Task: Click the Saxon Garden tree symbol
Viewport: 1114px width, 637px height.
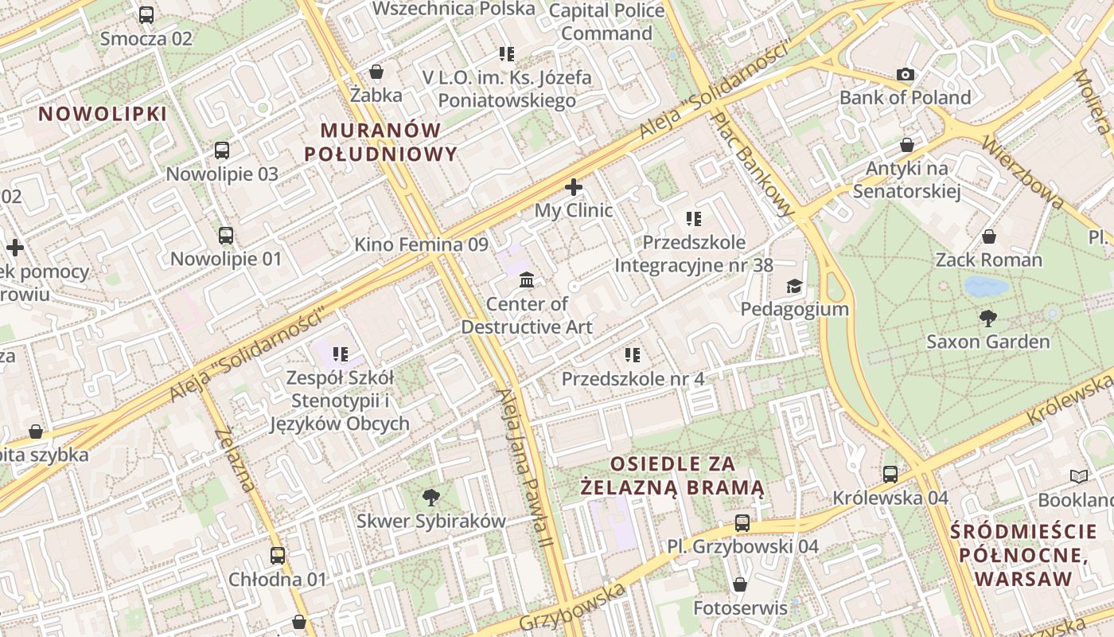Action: click(x=987, y=318)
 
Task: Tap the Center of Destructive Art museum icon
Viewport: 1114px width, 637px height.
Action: click(x=527, y=280)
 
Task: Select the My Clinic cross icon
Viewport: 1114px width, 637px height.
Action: click(x=573, y=188)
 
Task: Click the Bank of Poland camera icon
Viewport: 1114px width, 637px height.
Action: click(x=906, y=75)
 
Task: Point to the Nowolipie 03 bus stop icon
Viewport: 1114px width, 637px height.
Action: click(x=222, y=150)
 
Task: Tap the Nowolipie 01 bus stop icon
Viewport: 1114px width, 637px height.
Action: click(x=226, y=235)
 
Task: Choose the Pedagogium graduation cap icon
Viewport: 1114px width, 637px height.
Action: click(x=793, y=286)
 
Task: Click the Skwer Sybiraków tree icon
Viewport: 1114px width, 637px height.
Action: click(x=431, y=498)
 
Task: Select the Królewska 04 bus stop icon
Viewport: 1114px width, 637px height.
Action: click(x=890, y=475)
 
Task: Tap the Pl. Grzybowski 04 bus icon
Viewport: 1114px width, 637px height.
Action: click(x=742, y=523)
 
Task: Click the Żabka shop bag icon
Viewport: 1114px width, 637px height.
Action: click(x=376, y=72)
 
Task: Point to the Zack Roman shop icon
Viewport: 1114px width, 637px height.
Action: click(x=988, y=236)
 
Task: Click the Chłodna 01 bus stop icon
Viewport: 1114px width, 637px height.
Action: click(x=277, y=556)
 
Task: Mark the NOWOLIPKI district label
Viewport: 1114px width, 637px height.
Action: click(x=103, y=114)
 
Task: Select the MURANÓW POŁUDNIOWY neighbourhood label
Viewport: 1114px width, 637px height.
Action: click(x=381, y=142)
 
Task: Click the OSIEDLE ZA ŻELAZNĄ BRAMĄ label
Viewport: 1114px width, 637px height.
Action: click(x=673, y=475)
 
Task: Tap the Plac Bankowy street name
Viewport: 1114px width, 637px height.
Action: click(x=753, y=163)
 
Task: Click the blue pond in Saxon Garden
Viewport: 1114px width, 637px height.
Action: click(x=986, y=286)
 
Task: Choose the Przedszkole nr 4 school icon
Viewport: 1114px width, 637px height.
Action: click(x=633, y=355)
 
